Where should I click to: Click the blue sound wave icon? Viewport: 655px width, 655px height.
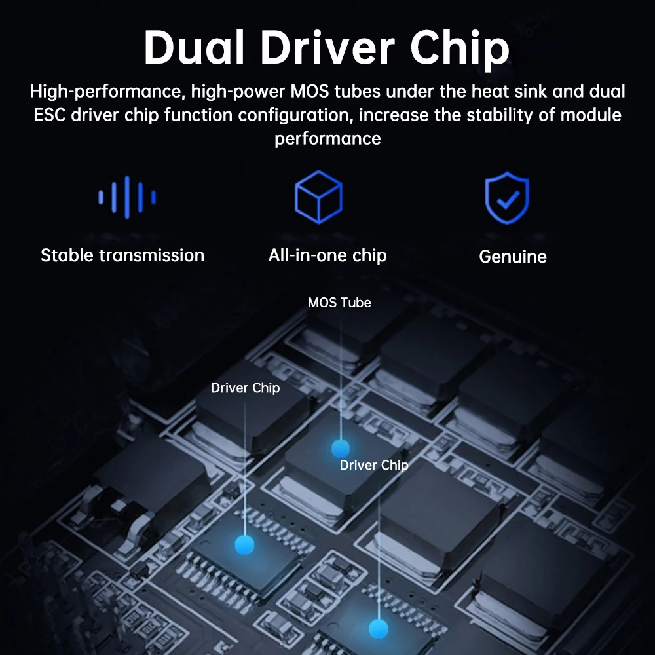[127, 196]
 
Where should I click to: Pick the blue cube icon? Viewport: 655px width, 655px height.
[318, 197]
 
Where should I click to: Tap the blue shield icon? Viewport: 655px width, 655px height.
[507, 198]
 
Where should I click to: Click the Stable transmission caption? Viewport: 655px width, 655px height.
[122, 255]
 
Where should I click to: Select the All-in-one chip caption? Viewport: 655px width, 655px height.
[327, 255]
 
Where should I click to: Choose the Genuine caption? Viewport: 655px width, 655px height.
[513, 257]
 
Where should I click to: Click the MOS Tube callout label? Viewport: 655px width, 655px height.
[339, 303]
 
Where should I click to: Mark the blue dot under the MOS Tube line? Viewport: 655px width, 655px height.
[340, 449]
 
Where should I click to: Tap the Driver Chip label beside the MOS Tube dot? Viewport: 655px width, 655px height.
[374, 465]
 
